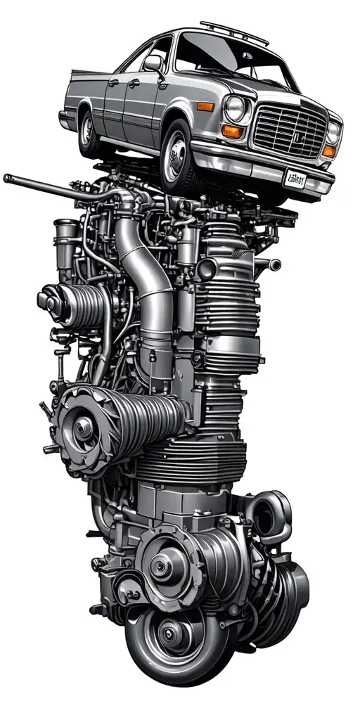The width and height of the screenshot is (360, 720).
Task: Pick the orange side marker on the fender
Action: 206,107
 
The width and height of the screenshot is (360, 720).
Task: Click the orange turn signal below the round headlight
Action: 232,131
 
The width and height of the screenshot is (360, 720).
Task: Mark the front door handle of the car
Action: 132,84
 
